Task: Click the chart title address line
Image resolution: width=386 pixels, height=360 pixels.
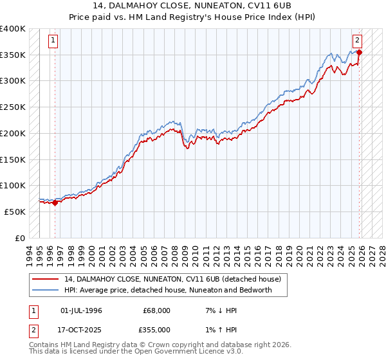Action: [x=193, y=6]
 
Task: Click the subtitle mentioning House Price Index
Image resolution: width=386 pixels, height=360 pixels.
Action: [x=193, y=17]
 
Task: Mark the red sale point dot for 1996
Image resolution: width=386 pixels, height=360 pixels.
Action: [x=55, y=203]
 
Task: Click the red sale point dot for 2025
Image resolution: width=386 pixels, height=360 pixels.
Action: [x=359, y=53]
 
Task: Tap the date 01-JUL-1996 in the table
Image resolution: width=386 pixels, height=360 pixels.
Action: [x=81, y=310]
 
